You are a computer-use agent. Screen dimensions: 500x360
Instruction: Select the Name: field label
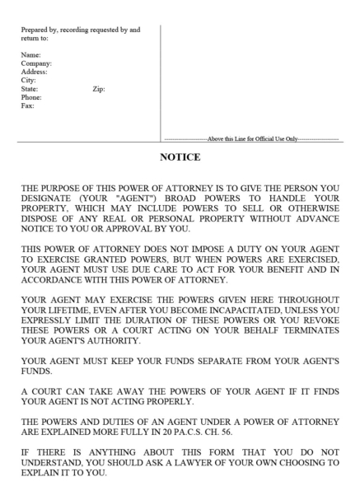pyautogui.click(x=31, y=55)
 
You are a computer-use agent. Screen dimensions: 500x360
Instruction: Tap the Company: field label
pyautogui.click(x=37, y=63)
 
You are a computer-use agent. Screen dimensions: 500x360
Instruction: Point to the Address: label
pyautogui.click(x=35, y=72)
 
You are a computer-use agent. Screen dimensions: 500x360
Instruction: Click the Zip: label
pyautogui.click(x=98, y=89)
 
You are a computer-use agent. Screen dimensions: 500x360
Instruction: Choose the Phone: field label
pyautogui.click(x=33, y=97)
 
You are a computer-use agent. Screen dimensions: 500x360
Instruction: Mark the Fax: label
pyautogui.click(x=28, y=105)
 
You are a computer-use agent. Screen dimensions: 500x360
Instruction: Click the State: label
pyautogui.click(x=30, y=89)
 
